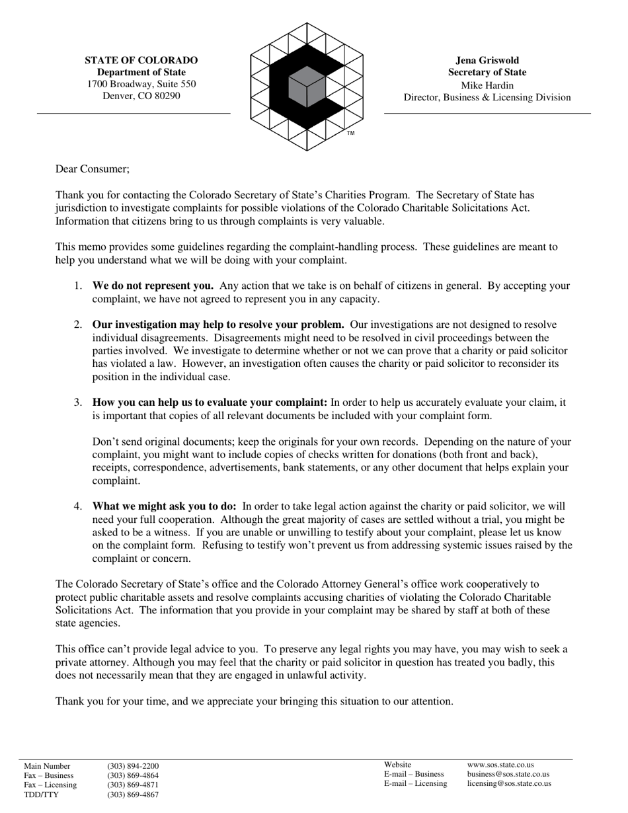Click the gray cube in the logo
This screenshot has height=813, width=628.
click(307, 87)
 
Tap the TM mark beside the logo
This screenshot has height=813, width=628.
click(350, 134)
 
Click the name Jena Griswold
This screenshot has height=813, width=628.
click(487, 60)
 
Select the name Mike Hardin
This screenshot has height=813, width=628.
click(487, 85)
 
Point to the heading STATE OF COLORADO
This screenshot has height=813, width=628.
click(141, 60)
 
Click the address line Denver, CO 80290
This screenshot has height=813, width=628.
click(141, 96)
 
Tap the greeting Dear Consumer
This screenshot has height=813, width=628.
click(93, 169)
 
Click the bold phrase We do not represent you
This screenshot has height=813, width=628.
click(153, 286)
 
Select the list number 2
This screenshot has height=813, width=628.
click(78, 325)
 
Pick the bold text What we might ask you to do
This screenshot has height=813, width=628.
click(164, 506)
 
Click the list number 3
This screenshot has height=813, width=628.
click(78, 403)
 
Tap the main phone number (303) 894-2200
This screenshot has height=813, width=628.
click(133, 767)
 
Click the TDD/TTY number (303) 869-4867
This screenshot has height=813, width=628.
click(133, 794)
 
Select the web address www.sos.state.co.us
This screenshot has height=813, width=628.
click(500, 765)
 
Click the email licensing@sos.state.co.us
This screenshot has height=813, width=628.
click(509, 784)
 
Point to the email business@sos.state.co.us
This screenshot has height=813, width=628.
click(508, 774)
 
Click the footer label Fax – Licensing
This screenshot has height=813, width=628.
click(50, 785)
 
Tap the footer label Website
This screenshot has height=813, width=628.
click(397, 765)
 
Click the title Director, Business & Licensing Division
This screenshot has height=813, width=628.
click(487, 98)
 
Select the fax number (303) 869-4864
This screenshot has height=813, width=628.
click(133, 776)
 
